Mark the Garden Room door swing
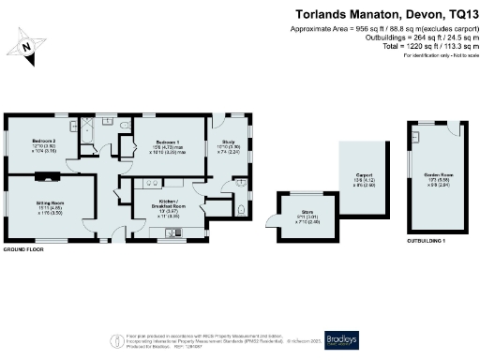(x=413, y=134)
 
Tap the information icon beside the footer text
(x=115, y=339)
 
